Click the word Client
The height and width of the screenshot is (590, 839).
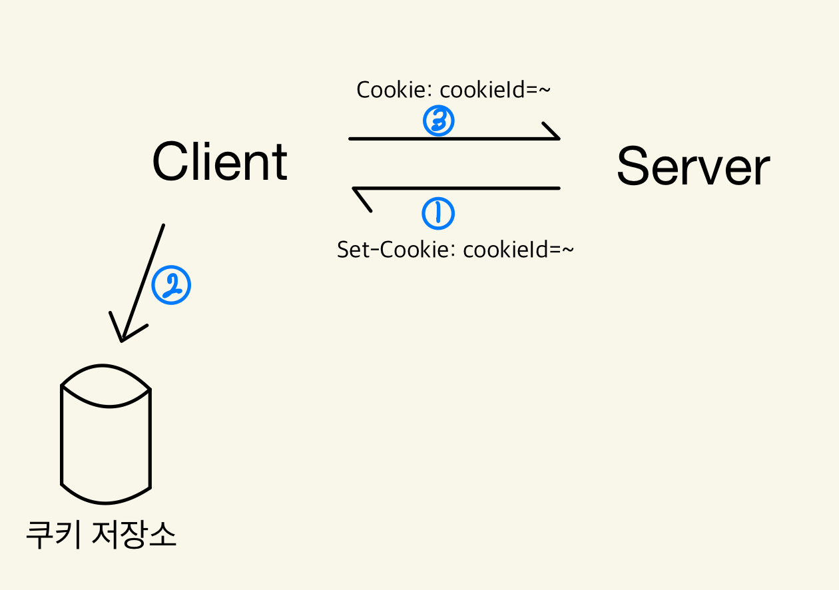[220, 162]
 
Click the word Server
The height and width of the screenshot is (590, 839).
[693, 166]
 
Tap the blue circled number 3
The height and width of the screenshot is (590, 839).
[438, 121]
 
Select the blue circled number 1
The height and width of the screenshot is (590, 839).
[438, 214]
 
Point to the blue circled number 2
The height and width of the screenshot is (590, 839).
[171, 286]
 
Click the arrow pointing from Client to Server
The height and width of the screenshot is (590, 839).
[453, 139]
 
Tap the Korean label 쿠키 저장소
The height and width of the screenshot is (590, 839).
[101, 535]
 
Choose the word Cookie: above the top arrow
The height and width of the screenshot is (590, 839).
[395, 90]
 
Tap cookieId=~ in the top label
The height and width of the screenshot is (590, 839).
[495, 90]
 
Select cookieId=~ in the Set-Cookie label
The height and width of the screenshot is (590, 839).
[518, 250]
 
